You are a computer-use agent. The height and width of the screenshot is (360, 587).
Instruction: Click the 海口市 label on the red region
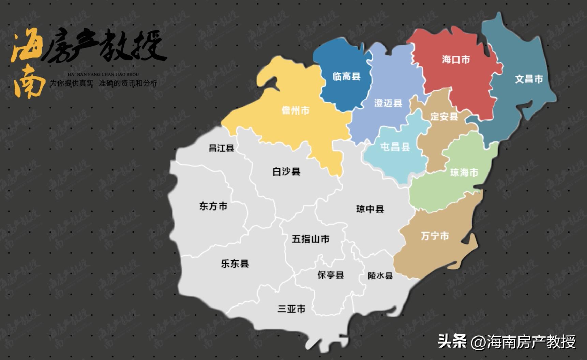pos(456,60)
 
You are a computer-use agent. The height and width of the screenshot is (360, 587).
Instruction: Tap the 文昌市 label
pos(529,79)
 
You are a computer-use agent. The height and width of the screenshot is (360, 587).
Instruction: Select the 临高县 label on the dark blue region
pos(346,76)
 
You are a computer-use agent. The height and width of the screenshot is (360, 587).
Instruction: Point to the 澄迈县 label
pos(388,103)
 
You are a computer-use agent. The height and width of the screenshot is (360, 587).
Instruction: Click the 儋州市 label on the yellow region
pos(296,110)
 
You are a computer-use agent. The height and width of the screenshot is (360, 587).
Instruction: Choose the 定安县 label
pos(444,117)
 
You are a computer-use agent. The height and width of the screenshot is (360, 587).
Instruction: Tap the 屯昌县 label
pos(395,147)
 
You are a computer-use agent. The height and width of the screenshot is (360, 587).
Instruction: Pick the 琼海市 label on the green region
pos(464,172)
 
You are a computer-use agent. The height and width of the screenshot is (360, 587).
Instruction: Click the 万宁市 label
pos(435,236)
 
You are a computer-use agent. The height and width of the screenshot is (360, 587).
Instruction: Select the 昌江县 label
pos(221,148)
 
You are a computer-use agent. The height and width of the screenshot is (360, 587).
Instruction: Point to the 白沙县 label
pos(286,171)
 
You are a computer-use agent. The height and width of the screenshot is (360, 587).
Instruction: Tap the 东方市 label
pos(213,206)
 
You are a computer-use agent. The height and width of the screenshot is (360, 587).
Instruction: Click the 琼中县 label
pos(370,209)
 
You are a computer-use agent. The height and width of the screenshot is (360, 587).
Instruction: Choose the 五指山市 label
pos(311,239)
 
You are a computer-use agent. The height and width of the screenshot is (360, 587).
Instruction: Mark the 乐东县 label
pos(235,264)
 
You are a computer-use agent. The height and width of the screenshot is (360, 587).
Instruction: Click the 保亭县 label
pos(331,275)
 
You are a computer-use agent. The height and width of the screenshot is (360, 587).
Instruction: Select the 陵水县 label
pos(380,275)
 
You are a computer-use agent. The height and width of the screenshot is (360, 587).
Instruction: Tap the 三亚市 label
pos(291,309)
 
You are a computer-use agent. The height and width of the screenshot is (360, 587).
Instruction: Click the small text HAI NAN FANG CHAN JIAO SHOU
pos(103,74)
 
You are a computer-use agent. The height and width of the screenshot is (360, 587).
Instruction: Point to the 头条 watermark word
pos(452,341)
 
